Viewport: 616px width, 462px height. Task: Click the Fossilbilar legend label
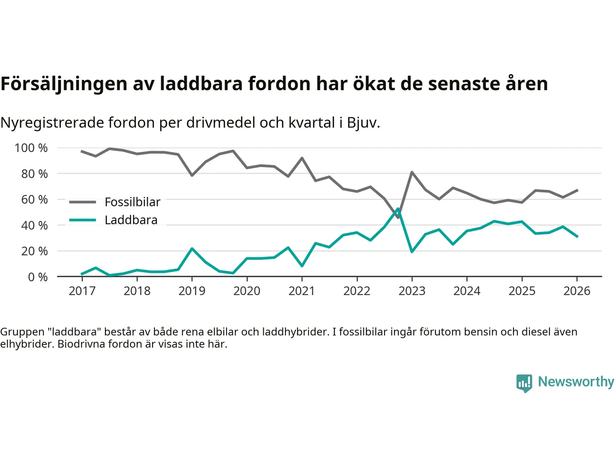click(x=132, y=202)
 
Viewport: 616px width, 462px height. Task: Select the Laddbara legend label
click(x=131, y=220)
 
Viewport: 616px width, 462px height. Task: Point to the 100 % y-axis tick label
click(x=31, y=148)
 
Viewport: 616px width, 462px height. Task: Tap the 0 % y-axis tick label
click(x=38, y=277)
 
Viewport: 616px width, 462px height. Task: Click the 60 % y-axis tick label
click(x=35, y=199)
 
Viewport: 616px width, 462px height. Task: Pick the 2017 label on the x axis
click(x=82, y=291)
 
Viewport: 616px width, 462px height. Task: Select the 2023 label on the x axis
click(x=412, y=291)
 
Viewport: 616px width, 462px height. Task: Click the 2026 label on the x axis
click(x=577, y=291)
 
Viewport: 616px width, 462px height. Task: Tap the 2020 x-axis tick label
click(x=247, y=291)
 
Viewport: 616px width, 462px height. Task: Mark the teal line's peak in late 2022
click(x=398, y=209)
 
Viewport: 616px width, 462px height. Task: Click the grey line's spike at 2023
click(x=412, y=172)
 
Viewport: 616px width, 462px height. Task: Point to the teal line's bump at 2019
click(x=192, y=249)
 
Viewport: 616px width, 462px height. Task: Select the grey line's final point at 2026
click(x=577, y=190)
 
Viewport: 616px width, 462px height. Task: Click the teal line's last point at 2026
click(x=577, y=236)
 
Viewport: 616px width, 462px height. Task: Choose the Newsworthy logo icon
click(x=524, y=383)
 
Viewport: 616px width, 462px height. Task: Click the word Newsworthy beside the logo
click(x=576, y=382)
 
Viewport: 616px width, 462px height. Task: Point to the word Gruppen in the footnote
click(x=22, y=332)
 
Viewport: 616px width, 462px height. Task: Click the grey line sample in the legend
click(x=82, y=202)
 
